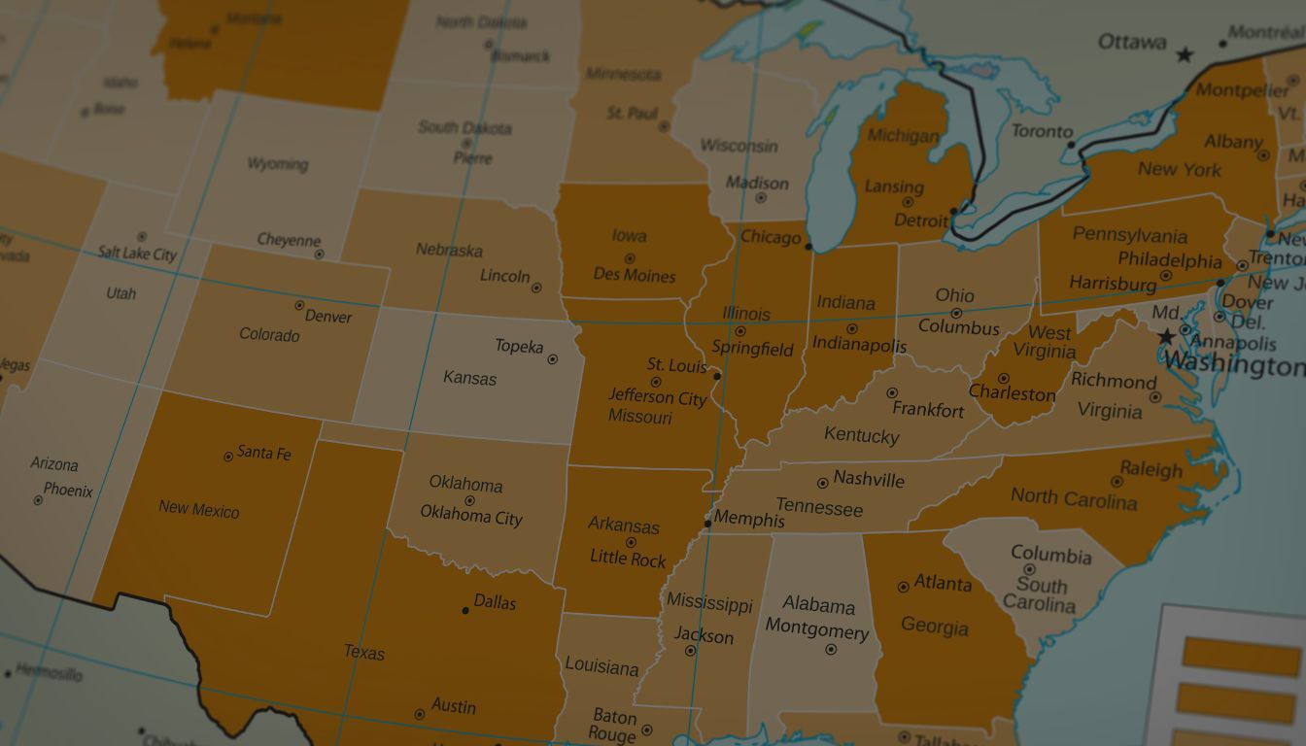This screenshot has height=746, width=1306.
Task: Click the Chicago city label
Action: [x=771, y=237]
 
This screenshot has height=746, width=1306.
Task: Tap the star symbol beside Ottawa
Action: [x=1184, y=55]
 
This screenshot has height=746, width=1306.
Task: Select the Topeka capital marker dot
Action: [x=552, y=359]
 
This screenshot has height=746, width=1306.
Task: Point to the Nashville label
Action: [x=869, y=479]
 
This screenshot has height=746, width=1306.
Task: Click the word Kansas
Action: [x=469, y=378]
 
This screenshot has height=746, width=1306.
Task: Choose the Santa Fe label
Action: [x=264, y=453]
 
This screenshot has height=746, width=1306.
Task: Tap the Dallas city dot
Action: [x=465, y=610]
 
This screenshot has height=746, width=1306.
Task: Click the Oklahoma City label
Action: [x=471, y=516]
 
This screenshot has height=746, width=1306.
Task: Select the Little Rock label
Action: [x=628, y=559]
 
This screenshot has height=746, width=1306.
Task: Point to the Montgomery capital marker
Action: [x=831, y=649]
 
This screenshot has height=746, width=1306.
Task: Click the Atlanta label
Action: [x=943, y=583]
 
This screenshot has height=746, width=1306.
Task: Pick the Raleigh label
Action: [x=1151, y=470]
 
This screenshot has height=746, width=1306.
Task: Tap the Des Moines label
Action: [x=635, y=275]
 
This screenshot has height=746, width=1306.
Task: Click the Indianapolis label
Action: [x=859, y=345]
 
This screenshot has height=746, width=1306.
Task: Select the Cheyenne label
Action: [x=289, y=240]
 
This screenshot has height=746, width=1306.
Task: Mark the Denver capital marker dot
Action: [x=299, y=305]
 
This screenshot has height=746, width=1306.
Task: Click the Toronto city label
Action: [x=1043, y=131]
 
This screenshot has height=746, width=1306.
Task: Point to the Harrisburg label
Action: [x=1113, y=284]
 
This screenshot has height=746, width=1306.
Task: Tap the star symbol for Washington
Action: [x=1166, y=336]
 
